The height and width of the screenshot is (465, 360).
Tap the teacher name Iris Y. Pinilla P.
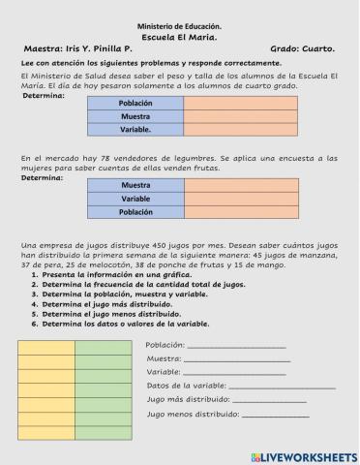[105, 46]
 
